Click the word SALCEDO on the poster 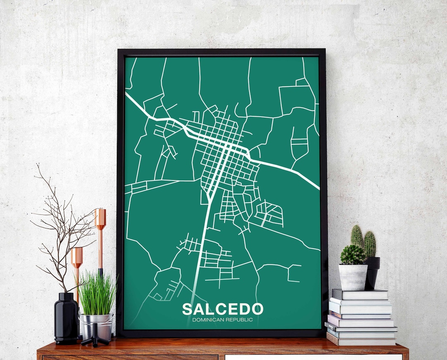[x=222, y=309]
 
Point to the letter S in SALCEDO [x=187, y=309]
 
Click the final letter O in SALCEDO [x=257, y=309]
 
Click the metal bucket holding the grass [x=96, y=325]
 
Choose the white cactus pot [x=353, y=277]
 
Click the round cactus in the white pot [x=353, y=254]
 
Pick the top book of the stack [x=360, y=294]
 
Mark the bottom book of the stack [x=361, y=341]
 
